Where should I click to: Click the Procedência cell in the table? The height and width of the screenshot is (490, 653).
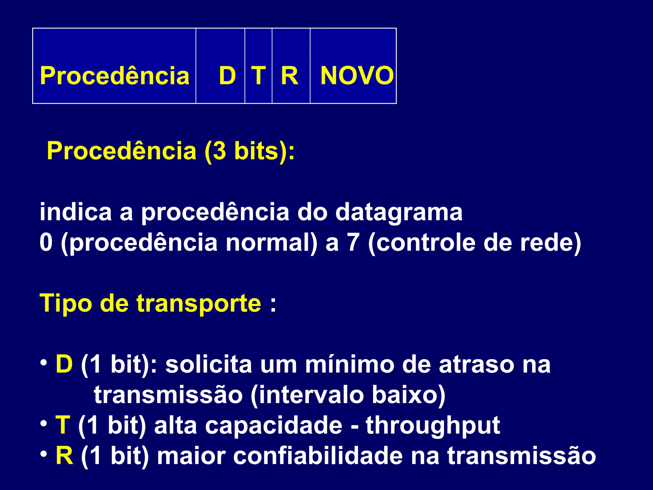pos(114,76)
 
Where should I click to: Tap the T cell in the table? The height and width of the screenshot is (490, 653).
pos(258,76)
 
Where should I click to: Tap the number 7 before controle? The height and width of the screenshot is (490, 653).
pos(353,243)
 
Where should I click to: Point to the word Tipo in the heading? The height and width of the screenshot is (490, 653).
pos(66,303)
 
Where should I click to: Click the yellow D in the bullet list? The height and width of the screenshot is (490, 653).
pos(64,364)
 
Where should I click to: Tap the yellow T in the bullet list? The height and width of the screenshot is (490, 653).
pos(62,425)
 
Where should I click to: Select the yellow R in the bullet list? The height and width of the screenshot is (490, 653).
pos(64,456)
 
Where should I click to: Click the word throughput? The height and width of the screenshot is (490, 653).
pos(433,426)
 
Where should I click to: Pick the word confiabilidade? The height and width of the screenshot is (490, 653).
pos(318,456)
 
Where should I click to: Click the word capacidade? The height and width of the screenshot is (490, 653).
pos(274,426)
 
